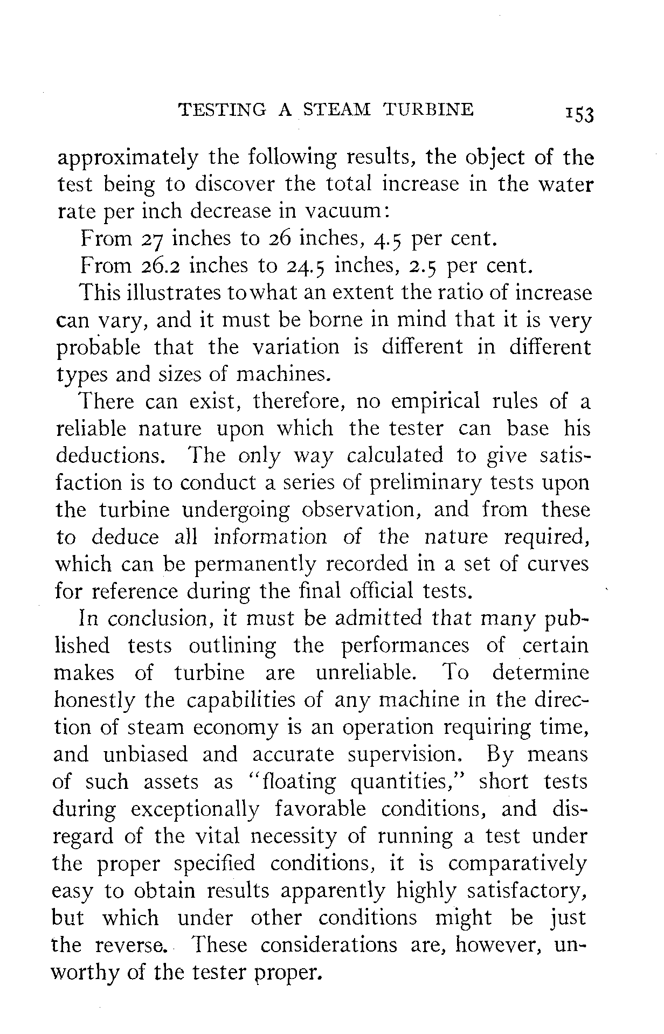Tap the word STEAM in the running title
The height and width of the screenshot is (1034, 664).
336,109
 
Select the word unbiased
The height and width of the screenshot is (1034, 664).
146,755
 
